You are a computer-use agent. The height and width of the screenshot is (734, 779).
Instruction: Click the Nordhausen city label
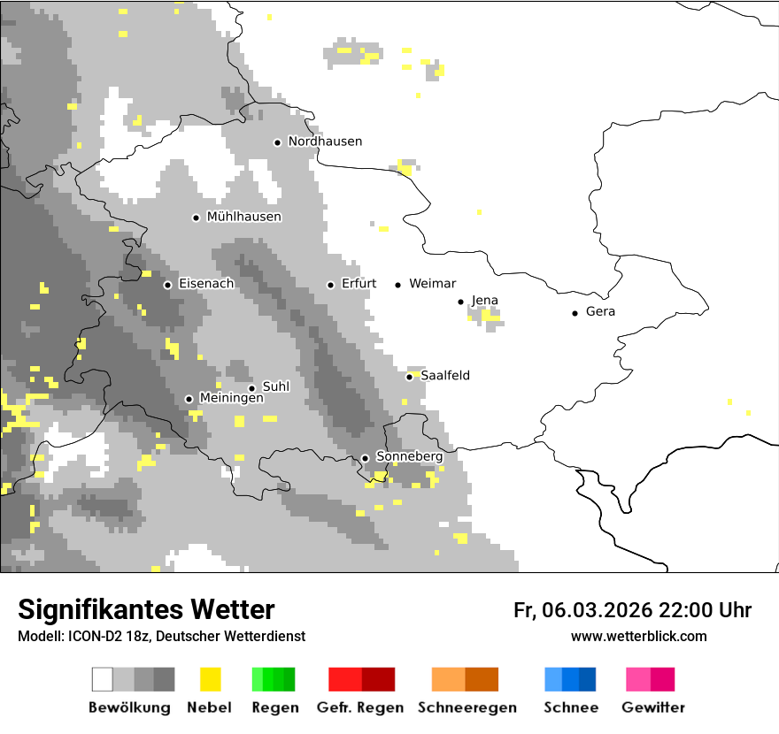(x=325, y=141)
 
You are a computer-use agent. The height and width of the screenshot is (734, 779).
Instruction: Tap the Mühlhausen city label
(x=243, y=217)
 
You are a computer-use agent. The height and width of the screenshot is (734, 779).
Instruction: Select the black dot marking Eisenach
(x=167, y=285)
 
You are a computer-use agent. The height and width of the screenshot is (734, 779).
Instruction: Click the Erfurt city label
(x=359, y=284)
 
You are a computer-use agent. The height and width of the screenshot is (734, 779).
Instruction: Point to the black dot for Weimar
(x=398, y=285)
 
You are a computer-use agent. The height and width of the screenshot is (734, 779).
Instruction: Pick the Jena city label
(x=485, y=301)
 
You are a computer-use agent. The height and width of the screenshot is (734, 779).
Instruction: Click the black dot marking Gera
(x=575, y=312)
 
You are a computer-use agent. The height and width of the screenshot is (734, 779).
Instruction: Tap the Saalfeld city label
(x=445, y=376)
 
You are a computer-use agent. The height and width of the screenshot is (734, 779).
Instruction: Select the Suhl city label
(x=276, y=387)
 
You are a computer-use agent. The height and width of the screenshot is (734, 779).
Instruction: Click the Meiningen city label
(x=231, y=399)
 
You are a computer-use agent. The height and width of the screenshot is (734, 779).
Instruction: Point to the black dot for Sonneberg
(x=365, y=458)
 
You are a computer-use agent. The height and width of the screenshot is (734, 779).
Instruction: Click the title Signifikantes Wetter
(x=146, y=610)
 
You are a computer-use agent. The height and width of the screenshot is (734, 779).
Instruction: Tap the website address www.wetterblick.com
(x=638, y=637)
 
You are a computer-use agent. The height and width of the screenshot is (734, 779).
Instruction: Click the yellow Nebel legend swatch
(x=210, y=679)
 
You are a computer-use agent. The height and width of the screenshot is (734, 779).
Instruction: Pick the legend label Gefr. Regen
(x=359, y=707)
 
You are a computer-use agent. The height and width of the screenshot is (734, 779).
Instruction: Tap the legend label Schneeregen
(x=467, y=707)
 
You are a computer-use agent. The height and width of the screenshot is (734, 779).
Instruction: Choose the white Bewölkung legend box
(x=103, y=679)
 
